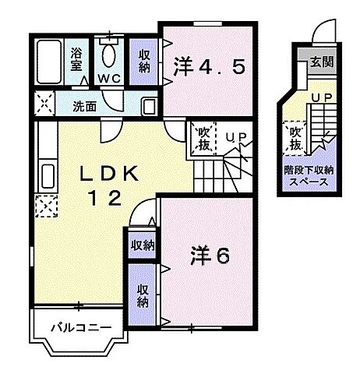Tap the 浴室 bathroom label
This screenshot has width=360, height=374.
pos(77,60)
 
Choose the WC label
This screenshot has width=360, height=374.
pos(108,79)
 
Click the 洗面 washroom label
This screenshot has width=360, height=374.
pos(86,106)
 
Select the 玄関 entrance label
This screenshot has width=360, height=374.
pos(320,62)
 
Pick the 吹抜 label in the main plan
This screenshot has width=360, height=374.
pos(202,138)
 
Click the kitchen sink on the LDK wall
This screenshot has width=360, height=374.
pos(43,173)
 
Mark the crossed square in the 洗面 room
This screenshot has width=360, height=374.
pos(44,104)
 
